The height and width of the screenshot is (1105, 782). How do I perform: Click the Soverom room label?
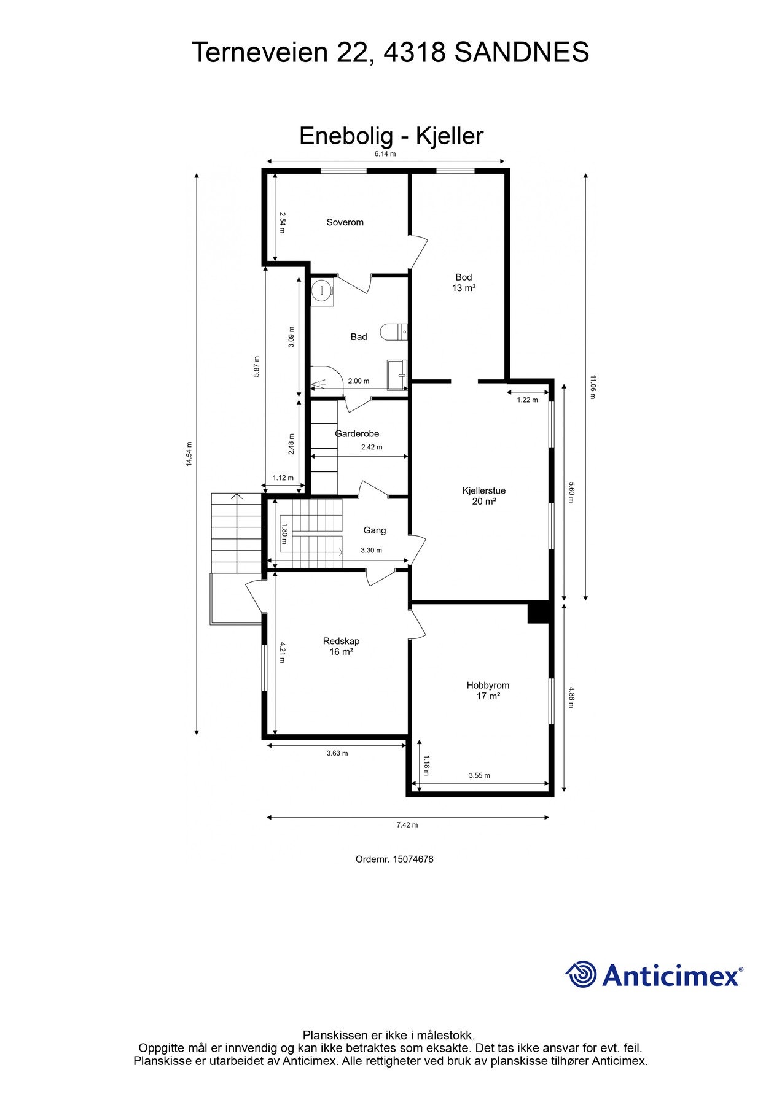click(345, 222)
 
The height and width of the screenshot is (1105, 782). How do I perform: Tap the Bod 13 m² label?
click(464, 282)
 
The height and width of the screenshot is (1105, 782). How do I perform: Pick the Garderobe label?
click(357, 434)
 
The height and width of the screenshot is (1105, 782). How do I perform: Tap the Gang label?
click(375, 530)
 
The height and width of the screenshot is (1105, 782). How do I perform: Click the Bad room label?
click(359, 336)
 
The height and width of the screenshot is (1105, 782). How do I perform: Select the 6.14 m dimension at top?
click(385, 154)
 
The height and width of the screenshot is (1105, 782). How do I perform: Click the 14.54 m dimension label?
click(190, 454)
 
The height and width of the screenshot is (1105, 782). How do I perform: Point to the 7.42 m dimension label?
click(407, 825)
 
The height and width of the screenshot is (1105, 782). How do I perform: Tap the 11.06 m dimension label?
click(593, 387)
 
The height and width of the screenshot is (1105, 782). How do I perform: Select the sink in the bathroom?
click(397, 375)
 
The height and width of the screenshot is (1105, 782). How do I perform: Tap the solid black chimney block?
click(538, 613)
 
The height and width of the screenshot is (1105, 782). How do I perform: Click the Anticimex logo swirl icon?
click(581, 974)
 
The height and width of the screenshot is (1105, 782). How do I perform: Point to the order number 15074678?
click(413, 859)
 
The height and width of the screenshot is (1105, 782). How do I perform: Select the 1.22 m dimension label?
click(527, 400)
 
